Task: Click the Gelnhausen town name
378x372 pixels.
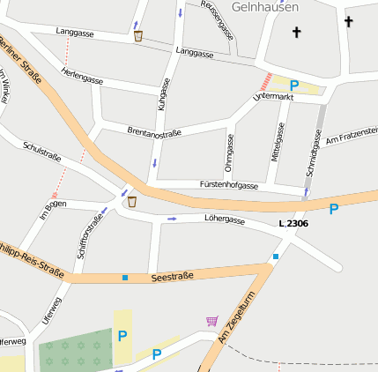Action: click(x=265, y=6)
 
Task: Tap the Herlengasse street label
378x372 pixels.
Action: click(x=83, y=76)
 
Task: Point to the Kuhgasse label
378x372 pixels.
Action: click(x=163, y=93)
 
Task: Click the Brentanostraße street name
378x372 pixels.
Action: click(x=154, y=132)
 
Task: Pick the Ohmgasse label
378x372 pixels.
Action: click(x=229, y=153)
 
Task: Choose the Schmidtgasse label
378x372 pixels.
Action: click(x=314, y=151)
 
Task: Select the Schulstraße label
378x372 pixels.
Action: click(x=41, y=151)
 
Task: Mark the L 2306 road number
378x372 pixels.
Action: click(x=293, y=224)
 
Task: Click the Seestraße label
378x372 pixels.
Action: click(x=172, y=277)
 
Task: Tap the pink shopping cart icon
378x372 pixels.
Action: click(x=211, y=320)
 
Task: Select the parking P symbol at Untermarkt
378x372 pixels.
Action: click(x=294, y=86)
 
